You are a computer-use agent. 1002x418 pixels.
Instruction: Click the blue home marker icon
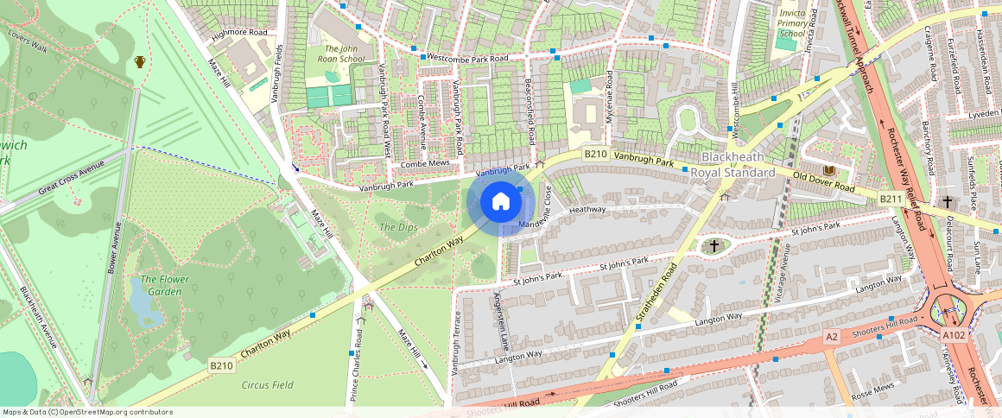click(x=500, y=202)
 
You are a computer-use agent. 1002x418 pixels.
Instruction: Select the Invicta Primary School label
click(x=792, y=23)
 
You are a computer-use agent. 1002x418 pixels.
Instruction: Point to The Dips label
click(x=398, y=227)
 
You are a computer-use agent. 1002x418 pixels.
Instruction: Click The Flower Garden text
click(x=162, y=285)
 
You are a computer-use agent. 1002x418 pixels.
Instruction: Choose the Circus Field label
click(x=268, y=385)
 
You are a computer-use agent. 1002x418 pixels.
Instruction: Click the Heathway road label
click(x=587, y=209)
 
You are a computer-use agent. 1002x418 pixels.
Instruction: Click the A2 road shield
click(x=831, y=336)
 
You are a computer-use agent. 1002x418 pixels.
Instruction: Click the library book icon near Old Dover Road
click(x=829, y=171)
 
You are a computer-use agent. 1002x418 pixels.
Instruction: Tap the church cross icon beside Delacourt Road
click(x=948, y=201)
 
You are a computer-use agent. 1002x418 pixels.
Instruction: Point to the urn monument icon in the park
click(x=140, y=61)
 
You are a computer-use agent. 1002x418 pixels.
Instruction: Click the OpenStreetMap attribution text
click(x=87, y=412)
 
